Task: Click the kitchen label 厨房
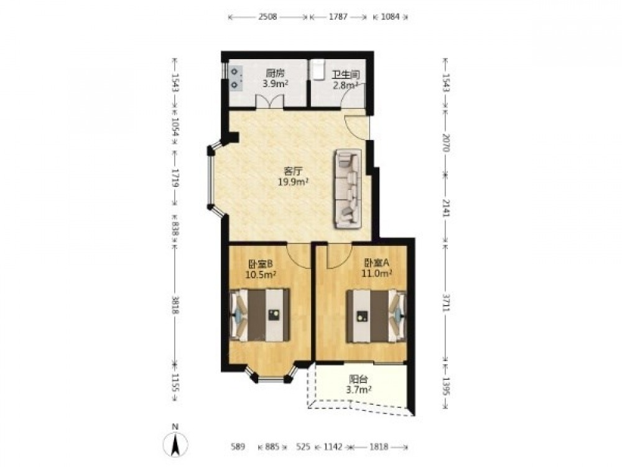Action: pyautogui.click(x=276, y=73)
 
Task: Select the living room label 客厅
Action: pyautogui.click(x=294, y=171)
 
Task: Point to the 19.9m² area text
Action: pyautogui.click(x=294, y=182)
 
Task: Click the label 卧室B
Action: pyautogui.click(x=260, y=263)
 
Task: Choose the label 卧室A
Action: pyautogui.click(x=377, y=263)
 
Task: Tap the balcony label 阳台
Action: pyautogui.click(x=358, y=379)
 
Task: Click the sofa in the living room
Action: pyautogui.click(x=348, y=189)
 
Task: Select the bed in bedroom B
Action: pyautogui.click(x=260, y=315)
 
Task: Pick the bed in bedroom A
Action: pyautogui.click(x=376, y=316)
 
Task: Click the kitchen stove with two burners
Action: pyautogui.click(x=236, y=78)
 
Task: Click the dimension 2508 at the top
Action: pyautogui.click(x=267, y=17)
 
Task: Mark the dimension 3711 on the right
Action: pyautogui.click(x=447, y=304)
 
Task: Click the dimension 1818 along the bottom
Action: pyautogui.click(x=379, y=446)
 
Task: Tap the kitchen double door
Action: pyautogui.click(x=270, y=101)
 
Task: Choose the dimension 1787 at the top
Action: pyautogui.click(x=338, y=17)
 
